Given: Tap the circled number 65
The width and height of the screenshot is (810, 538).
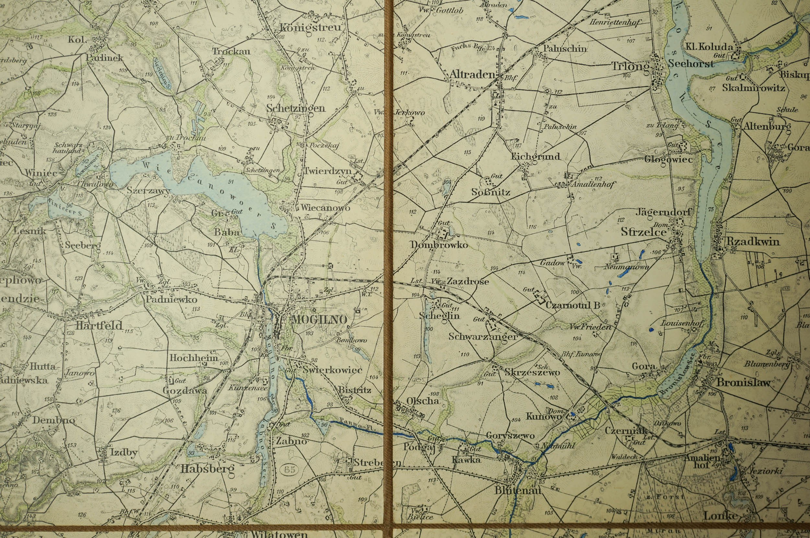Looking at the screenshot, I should coord(290,470).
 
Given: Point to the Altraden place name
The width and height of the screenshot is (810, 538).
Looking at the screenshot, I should coord(472,75).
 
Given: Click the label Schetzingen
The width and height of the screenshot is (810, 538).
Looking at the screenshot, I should coord(295,108).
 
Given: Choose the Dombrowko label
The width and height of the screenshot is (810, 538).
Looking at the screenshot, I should coord(439,245).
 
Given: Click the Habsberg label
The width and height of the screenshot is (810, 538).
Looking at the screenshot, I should coord(207,469).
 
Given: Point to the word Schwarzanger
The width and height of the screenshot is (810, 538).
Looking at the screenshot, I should coord(482,337).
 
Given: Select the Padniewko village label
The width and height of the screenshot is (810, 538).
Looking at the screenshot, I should coord(171,300).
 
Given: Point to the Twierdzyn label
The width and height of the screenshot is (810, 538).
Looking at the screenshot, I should coord(328,171).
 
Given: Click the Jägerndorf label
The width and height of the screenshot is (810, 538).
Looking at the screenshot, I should coord(663,212).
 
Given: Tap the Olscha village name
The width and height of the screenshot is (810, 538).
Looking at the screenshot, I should coord(422,400).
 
